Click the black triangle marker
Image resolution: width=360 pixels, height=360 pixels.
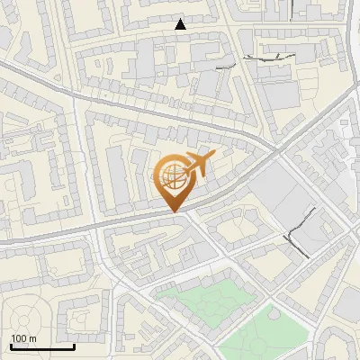pos(181,24)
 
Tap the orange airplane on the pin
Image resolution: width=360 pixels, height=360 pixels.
pos(200,164)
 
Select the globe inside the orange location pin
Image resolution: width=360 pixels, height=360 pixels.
pos(171,175)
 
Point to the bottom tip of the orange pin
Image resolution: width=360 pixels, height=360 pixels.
pos(172,211)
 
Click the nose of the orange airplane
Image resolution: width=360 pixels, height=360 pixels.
pos(213,157)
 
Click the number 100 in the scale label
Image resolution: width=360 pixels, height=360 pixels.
pos(18,338)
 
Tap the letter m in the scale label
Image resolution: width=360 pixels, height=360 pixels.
pos(32,338)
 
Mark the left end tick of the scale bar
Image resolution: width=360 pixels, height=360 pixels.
pos(11,346)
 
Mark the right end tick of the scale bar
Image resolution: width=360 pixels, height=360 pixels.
pos(74,346)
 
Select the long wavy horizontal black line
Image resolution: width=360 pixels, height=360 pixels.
pos(269,58)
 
